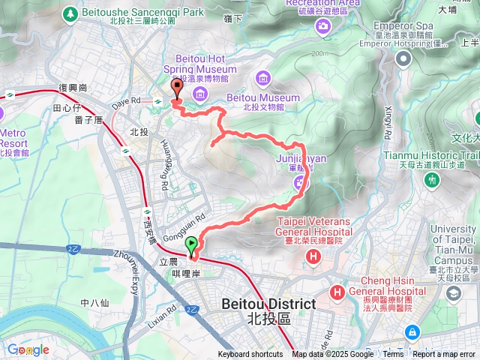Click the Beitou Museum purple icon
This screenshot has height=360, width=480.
262,78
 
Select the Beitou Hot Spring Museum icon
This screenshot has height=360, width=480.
199,93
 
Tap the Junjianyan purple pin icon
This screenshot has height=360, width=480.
301,181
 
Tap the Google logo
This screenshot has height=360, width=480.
28,349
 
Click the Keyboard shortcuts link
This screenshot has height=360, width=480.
250,355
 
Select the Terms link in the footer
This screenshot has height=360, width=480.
393,355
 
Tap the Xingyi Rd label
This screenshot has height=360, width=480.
388,122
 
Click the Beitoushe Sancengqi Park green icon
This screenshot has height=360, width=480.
70,13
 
